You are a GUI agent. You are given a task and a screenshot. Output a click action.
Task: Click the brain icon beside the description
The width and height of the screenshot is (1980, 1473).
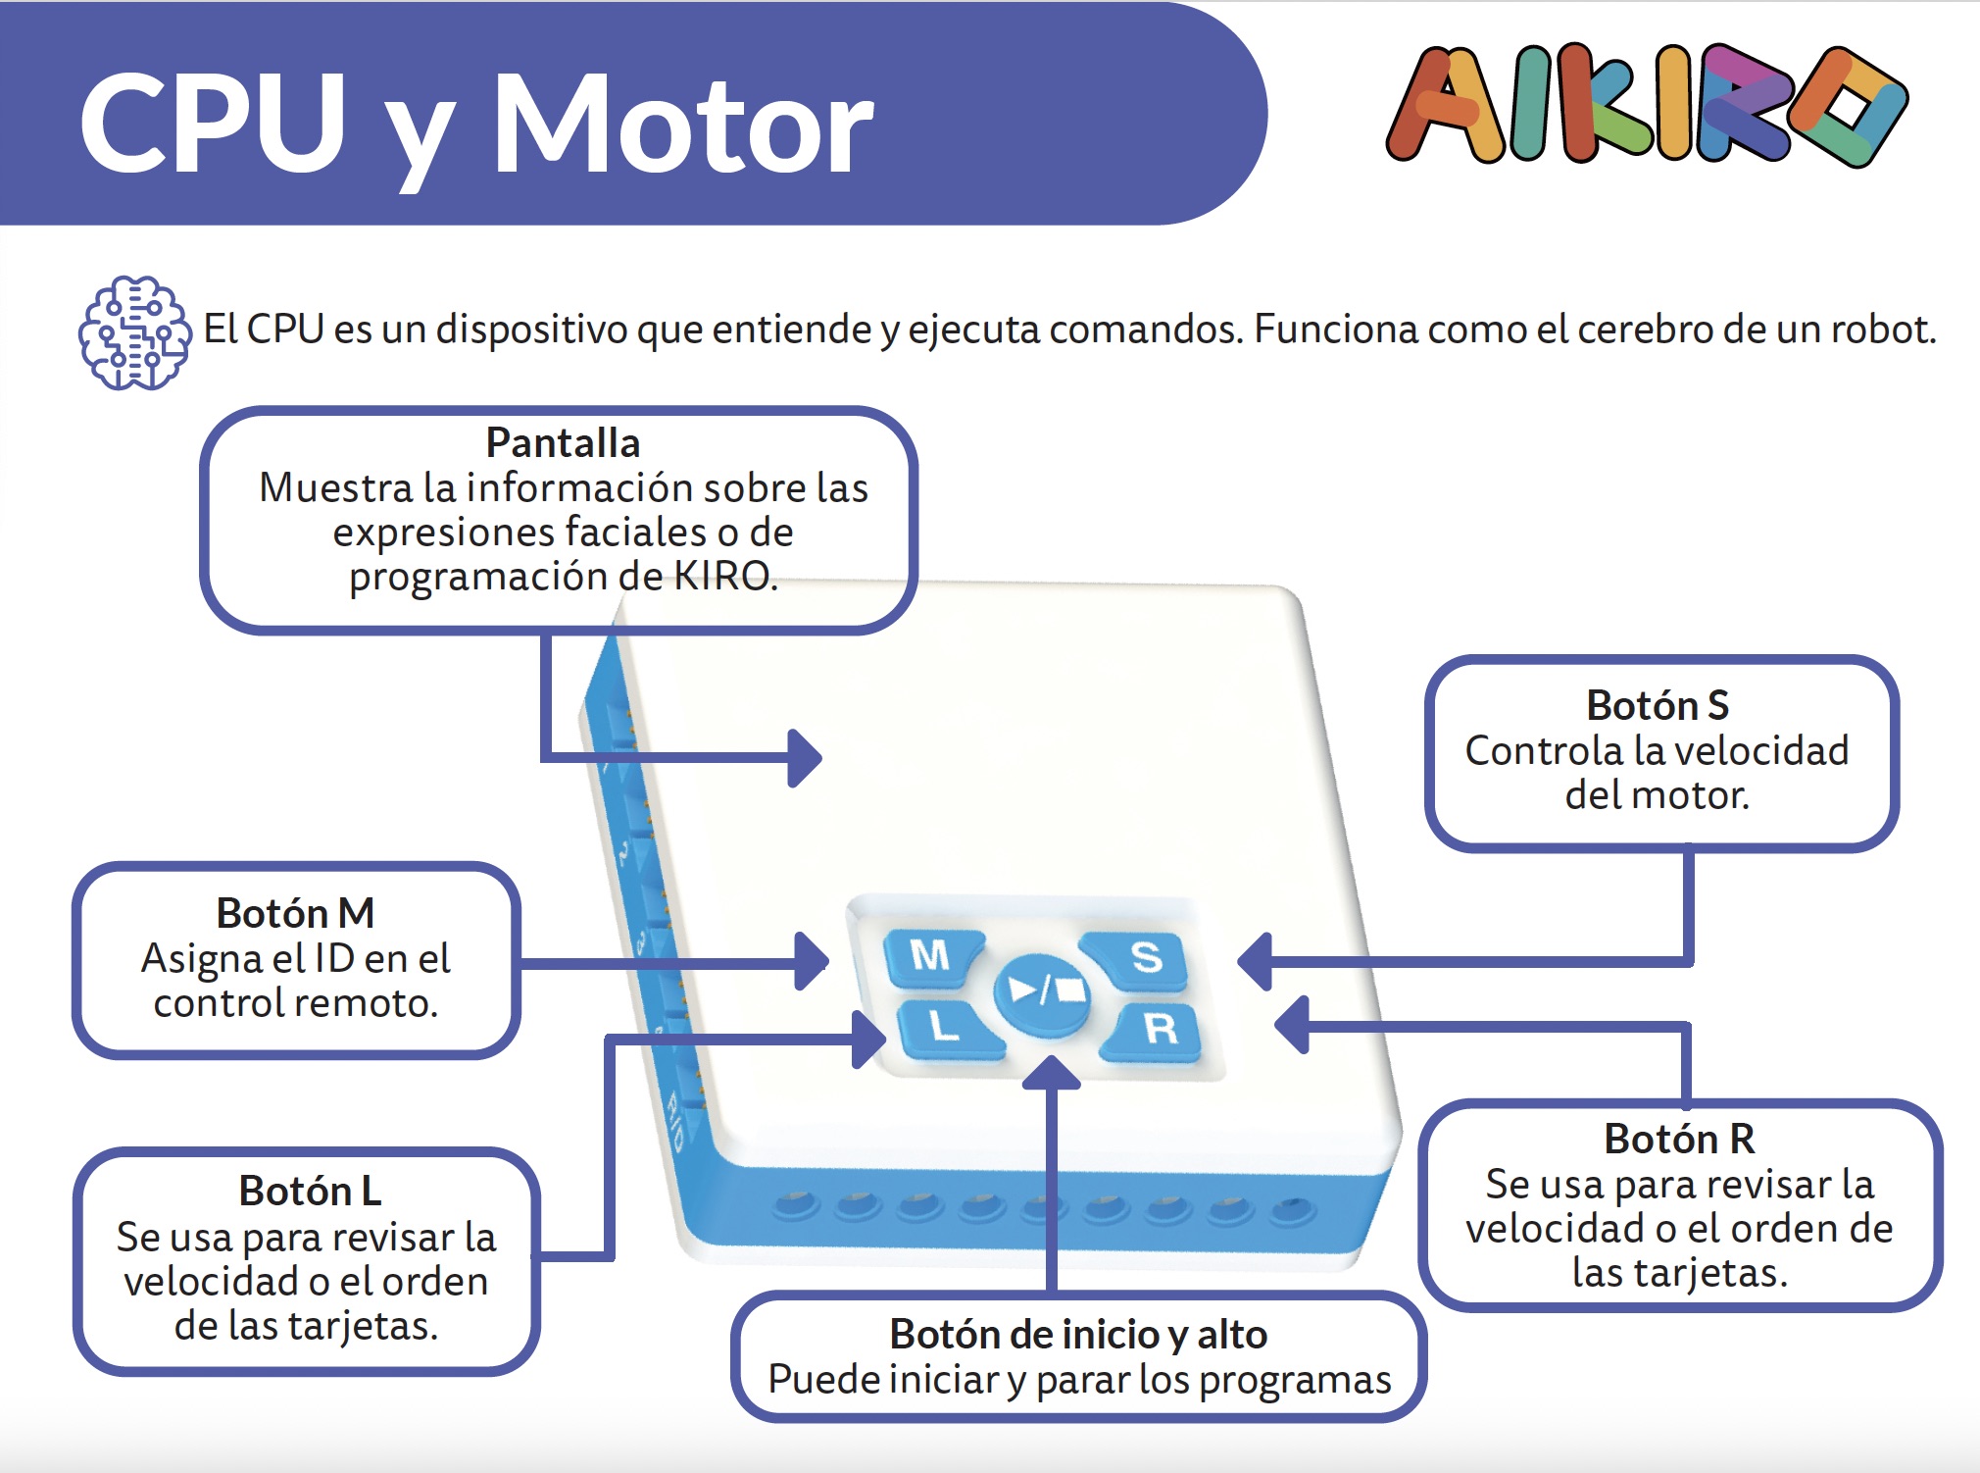134,332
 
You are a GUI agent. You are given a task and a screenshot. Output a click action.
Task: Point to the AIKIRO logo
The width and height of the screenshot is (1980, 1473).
1647,106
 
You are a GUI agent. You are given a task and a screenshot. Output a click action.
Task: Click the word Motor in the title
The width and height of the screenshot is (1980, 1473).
682,126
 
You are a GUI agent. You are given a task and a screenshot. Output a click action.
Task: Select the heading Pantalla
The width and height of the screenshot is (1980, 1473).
563,443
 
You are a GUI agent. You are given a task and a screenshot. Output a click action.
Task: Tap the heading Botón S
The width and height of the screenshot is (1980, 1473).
1658,705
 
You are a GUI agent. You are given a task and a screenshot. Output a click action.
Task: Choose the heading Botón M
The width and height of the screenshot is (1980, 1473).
295,913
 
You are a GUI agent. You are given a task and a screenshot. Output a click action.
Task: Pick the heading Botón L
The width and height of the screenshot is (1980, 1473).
309,1191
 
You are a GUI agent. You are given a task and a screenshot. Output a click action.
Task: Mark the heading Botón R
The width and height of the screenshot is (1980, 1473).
1679,1139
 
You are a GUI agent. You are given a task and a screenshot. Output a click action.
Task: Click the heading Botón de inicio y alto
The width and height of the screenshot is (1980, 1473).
1077,1334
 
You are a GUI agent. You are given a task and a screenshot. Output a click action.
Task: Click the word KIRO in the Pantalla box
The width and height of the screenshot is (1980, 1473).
723,576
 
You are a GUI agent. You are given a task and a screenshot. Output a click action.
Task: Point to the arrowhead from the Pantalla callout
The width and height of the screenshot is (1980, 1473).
806,757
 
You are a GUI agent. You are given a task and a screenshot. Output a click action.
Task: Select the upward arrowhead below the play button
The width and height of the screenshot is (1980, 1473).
1051,1073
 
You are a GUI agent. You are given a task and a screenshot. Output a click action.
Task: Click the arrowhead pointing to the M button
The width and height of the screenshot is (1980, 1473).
813,960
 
